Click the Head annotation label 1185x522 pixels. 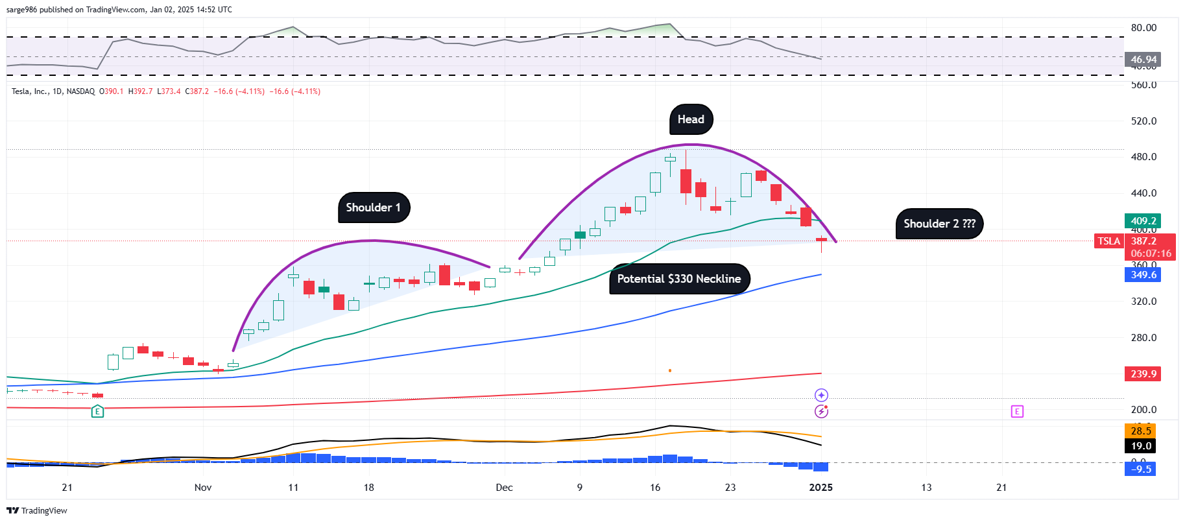pos(691,119)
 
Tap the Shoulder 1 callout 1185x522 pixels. pos(374,208)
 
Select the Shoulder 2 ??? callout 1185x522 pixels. pos(939,224)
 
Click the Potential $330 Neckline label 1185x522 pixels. pos(679,279)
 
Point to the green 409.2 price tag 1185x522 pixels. pos(1143,221)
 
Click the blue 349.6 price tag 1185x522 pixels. pos(1143,275)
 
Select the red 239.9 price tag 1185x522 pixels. pos(1143,374)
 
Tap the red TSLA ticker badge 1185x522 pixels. pos(1108,241)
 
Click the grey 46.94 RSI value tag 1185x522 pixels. pos(1143,60)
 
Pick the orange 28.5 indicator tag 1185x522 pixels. pos(1140,431)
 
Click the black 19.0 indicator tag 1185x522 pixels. pos(1140,446)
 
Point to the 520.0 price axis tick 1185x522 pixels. pos(1143,121)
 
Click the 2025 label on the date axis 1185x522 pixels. pos(820,488)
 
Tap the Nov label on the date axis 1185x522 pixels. pos(203,488)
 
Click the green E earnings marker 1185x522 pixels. pos(97,411)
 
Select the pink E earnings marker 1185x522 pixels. pos(1017,411)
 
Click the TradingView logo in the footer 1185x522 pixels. pos(37,511)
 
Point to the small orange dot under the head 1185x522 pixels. pos(670,371)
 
